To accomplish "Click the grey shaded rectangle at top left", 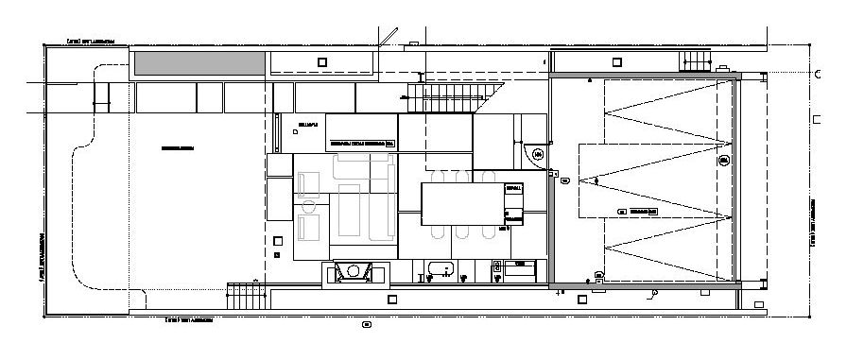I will (199, 64).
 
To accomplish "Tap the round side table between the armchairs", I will (308, 205).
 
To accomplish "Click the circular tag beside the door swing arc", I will (537, 153).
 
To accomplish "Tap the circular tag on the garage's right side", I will (724, 163).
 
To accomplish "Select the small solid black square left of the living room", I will (277, 254).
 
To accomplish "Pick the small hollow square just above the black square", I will (277, 240).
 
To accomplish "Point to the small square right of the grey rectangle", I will (322, 62).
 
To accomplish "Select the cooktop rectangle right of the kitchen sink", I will (521, 269).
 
